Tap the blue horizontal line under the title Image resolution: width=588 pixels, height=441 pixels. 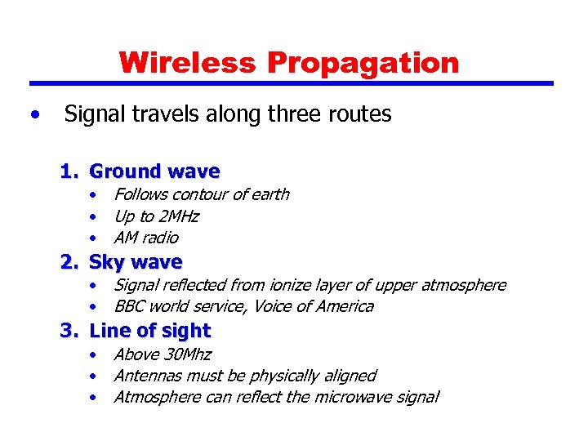[292, 83]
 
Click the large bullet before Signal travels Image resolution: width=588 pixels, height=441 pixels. [33, 115]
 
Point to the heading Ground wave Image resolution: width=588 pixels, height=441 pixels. [154, 171]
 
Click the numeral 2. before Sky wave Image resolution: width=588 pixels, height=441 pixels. [69, 262]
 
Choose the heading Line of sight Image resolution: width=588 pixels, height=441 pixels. [149, 331]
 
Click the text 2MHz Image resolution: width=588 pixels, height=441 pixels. [179, 216]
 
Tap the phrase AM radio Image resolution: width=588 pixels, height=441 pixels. [146, 238]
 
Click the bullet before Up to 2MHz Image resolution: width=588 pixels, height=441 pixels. [96, 217]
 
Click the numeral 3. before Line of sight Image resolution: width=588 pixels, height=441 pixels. [69, 331]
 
